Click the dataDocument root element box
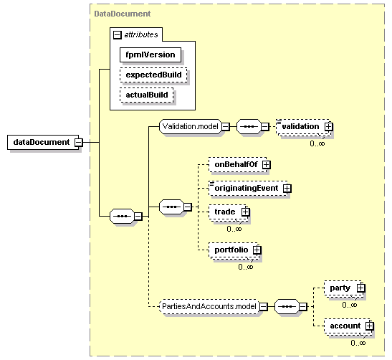(x=43, y=142)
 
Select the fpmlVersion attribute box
(x=150, y=55)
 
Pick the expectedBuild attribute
(x=153, y=75)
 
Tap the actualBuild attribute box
(x=146, y=95)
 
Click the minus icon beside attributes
(x=117, y=34)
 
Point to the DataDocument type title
(x=123, y=14)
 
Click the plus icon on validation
(x=329, y=127)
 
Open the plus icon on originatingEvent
(x=287, y=188)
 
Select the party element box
(x=343, y=288)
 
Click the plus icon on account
(x=369, y=326)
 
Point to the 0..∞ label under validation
(x=317, y=143)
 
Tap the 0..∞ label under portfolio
(x=246, y=267)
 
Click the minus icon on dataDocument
(x=79, y=142)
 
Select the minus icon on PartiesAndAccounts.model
(x=263, y=307)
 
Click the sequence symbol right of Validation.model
(x=249, y=126)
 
